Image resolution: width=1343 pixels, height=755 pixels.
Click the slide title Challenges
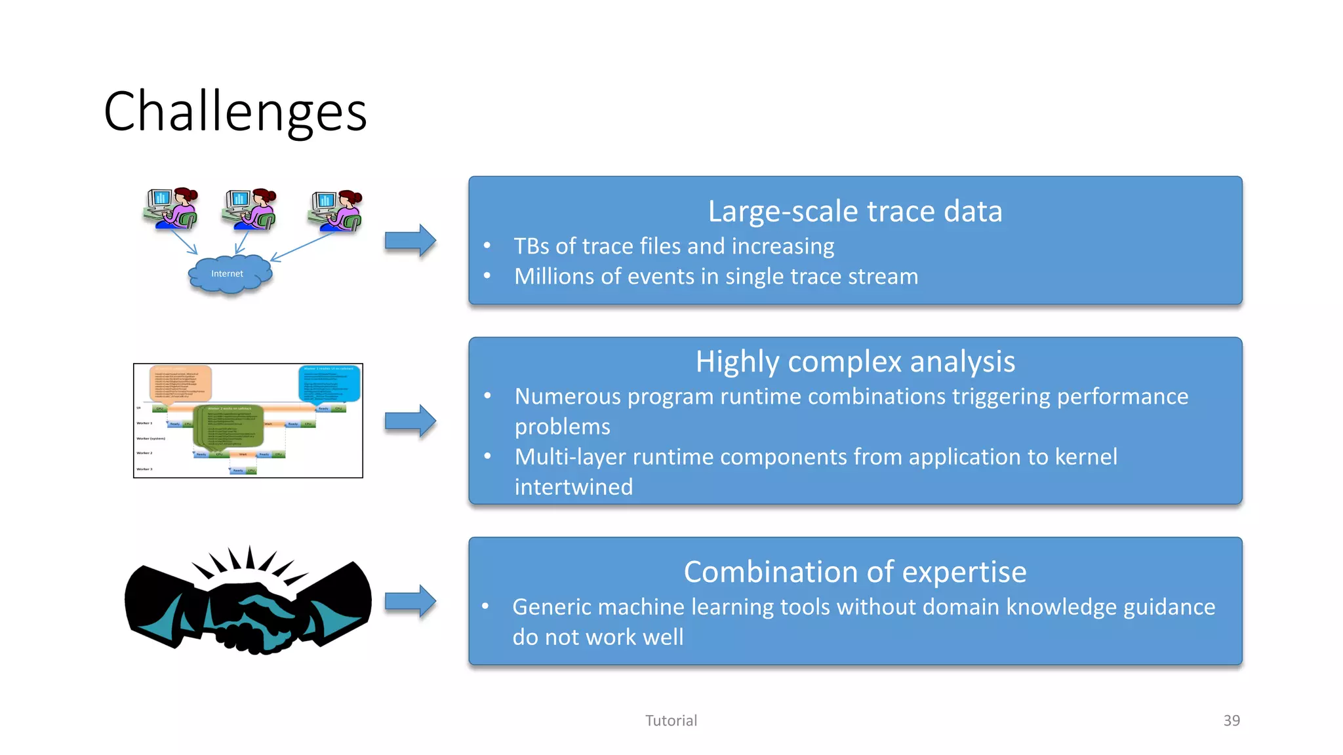(x=235, y=111)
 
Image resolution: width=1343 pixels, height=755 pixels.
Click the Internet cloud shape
(x=230, y=275)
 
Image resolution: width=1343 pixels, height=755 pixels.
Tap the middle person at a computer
(x=250, y=208)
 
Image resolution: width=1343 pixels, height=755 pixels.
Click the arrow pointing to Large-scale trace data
(x=410, y=241)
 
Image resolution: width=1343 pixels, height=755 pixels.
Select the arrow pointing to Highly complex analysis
(x=410, y=421)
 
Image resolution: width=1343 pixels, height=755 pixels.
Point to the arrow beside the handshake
(x=410, y=601)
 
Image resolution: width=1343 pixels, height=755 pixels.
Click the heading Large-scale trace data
(x=854, y=212)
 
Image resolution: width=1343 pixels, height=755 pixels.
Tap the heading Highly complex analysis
(x=854, y=362)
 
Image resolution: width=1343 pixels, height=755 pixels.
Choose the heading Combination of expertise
(x=854, y=572)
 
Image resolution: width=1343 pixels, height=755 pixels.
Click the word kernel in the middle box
(x=1085, y=457)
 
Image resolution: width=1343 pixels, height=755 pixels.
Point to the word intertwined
(x=573, y=487)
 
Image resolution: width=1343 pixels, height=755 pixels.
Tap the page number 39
(x=1231, y=720)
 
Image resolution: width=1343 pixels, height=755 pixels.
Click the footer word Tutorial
(x=671, y=720)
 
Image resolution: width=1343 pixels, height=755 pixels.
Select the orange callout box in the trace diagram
(x=180, y=383)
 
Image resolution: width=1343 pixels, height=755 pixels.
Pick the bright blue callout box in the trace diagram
(x=329, y=383)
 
